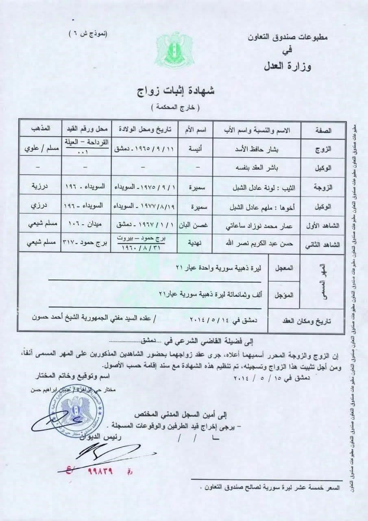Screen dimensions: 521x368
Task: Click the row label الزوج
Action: (x=324, y=149)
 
